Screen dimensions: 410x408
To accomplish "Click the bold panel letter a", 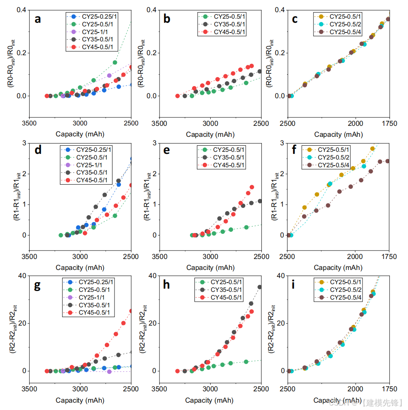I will click(38, 19).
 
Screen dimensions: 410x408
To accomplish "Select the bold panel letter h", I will click(166, 285).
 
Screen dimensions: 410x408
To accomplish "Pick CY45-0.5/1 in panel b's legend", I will click(229, 32).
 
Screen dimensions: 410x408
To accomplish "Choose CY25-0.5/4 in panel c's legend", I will click(345, 32).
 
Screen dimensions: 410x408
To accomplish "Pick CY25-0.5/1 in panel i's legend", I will click(345, 282).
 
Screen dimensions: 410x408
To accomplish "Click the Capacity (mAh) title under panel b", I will click(210, 134).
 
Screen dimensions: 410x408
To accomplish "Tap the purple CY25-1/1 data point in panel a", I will click(109, 76).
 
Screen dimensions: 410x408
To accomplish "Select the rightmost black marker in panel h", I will click(260, 287).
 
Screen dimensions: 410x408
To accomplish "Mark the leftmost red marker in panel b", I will click(177, 96).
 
